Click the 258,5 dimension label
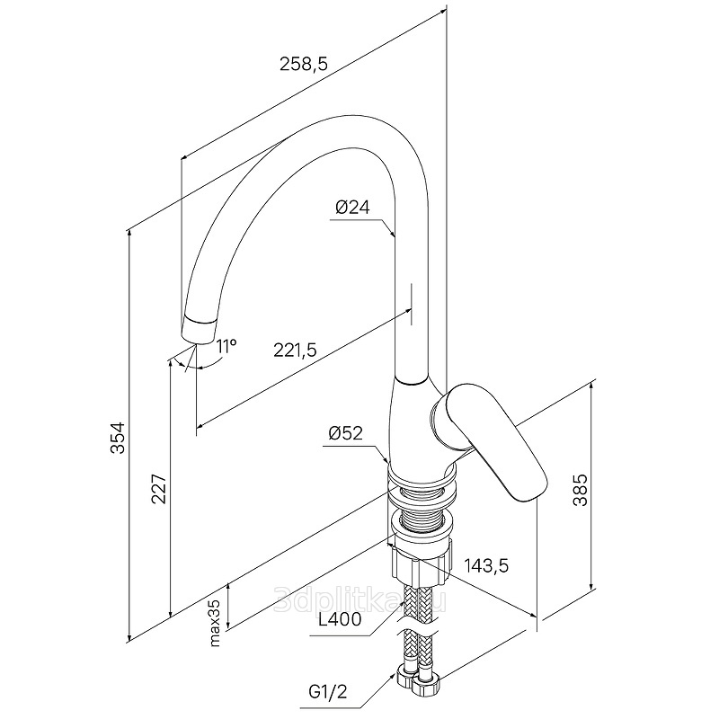pos(304,64)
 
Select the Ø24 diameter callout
pos(352,208)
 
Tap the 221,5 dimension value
pos(296,350)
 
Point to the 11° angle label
pos(226,346)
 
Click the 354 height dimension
pos(118,438)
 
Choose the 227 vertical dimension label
pos(159,489)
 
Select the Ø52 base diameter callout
pos(345,432)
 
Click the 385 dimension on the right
pos(581,490)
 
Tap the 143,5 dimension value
pos(486,566)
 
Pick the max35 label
pos(215,623)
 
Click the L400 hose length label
pos(340,619)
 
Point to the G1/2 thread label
pos(328,692)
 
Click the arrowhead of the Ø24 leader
pos(392,232)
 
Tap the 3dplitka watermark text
pos(360,599)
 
